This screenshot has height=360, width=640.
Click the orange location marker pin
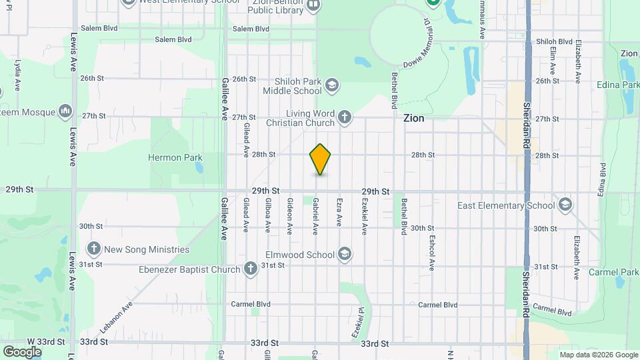320,159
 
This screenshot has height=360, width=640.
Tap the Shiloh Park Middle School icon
332,85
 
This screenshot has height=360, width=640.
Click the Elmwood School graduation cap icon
344,254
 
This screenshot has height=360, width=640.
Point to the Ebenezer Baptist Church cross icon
250,269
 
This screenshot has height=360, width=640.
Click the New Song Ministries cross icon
93,249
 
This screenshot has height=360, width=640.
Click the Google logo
22,351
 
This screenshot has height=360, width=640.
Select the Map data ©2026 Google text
597,355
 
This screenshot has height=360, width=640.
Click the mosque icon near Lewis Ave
65,110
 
